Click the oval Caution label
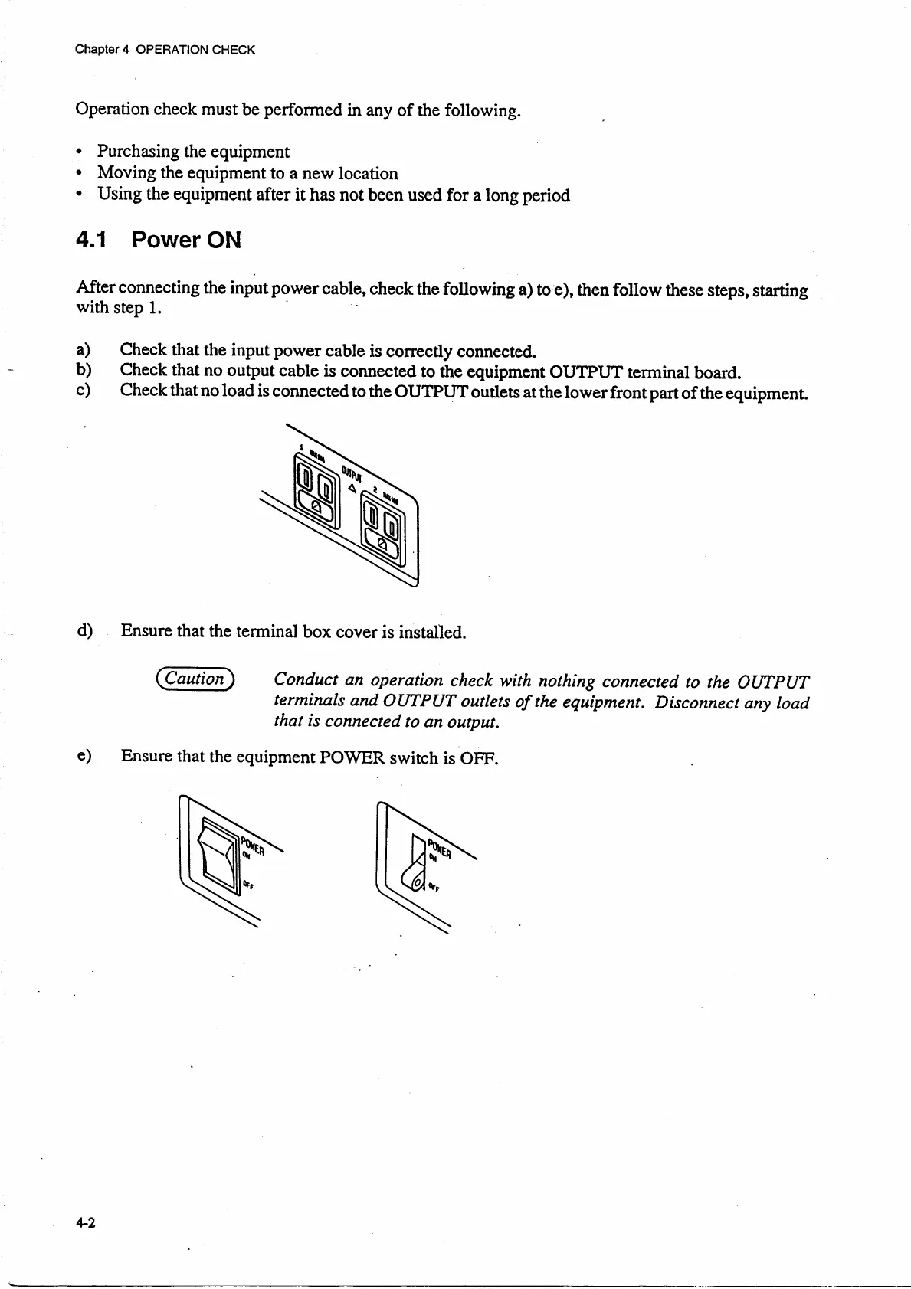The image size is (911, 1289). pyautogui.click(x=195, y=678)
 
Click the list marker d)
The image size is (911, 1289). pyautogui.click(x=84, y=630)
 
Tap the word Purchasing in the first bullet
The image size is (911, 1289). pyautogui.click(x=139, y=152)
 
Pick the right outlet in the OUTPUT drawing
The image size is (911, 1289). pyautogui.click(x=381, y=528)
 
